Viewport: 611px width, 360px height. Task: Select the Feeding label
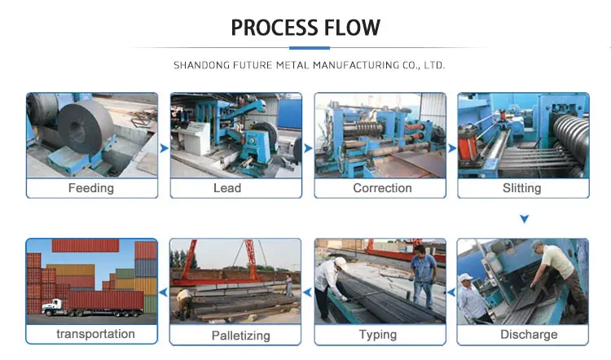[x=91, y=188]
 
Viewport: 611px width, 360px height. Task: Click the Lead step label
[x=227, y=188]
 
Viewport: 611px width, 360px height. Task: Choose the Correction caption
[x=382, y=188]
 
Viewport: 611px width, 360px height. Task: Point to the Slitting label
[x=522, y=188]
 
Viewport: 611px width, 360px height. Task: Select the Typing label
[x=378, y=335]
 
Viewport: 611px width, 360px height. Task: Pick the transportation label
[x=95, y=334]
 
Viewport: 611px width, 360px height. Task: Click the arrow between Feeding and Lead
[x=164, y=148]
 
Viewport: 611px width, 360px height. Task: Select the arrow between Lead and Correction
[x=308, y=148]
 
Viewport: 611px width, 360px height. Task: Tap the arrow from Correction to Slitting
[x=451, y=148]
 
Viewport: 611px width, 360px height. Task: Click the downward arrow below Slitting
[x=525, y=219]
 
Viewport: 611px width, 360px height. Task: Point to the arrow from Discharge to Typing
[x=451, y=291]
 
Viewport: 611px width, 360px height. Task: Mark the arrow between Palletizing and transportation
[x=163, y=291]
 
